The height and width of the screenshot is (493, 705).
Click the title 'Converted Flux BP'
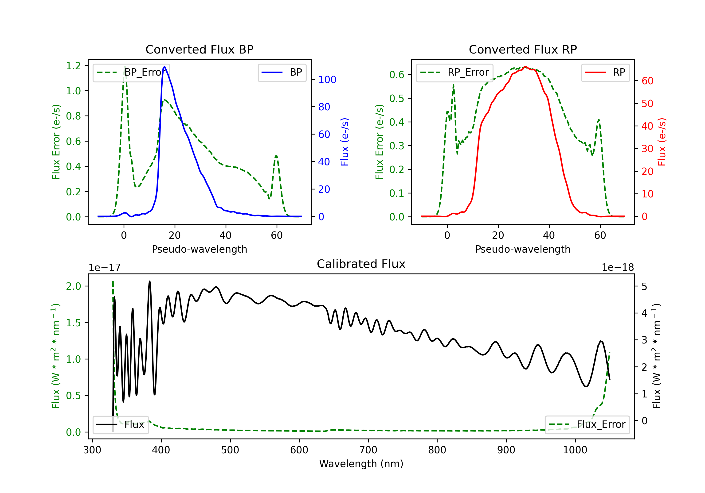point(199,49)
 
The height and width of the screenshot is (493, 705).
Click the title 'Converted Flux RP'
point(523,49)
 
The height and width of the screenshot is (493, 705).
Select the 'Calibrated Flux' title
point(361,264)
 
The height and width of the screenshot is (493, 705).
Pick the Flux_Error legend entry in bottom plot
point(587,425)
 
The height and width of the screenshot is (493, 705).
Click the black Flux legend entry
point(120,425)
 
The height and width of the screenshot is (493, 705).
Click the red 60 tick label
point(647,81)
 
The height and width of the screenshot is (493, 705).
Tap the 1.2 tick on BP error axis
point(73,66)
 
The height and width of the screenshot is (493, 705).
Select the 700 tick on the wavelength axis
point(368,450)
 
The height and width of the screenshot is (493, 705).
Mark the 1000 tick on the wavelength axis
point(575,450)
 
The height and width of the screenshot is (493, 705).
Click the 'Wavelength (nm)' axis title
point(361,464)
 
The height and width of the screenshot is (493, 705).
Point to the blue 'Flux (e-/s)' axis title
point(345,142)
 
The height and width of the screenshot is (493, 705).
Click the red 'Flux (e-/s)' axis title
point(662,142)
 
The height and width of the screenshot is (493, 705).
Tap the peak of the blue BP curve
point(164,67)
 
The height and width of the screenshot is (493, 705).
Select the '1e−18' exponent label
point(618,268)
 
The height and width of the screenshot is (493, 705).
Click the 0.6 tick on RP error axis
point(397,75)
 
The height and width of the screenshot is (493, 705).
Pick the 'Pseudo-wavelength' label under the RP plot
point(523,249)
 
